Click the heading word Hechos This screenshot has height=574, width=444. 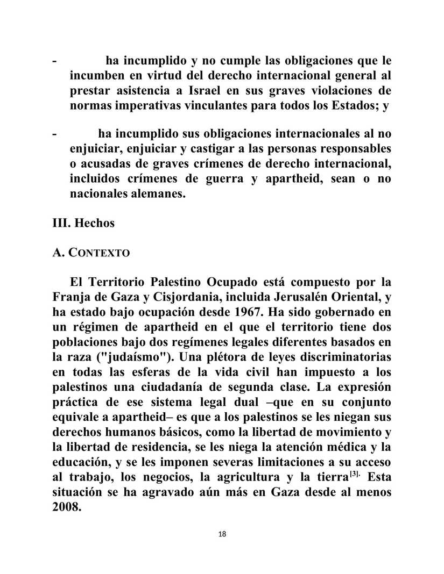point(94,223)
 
